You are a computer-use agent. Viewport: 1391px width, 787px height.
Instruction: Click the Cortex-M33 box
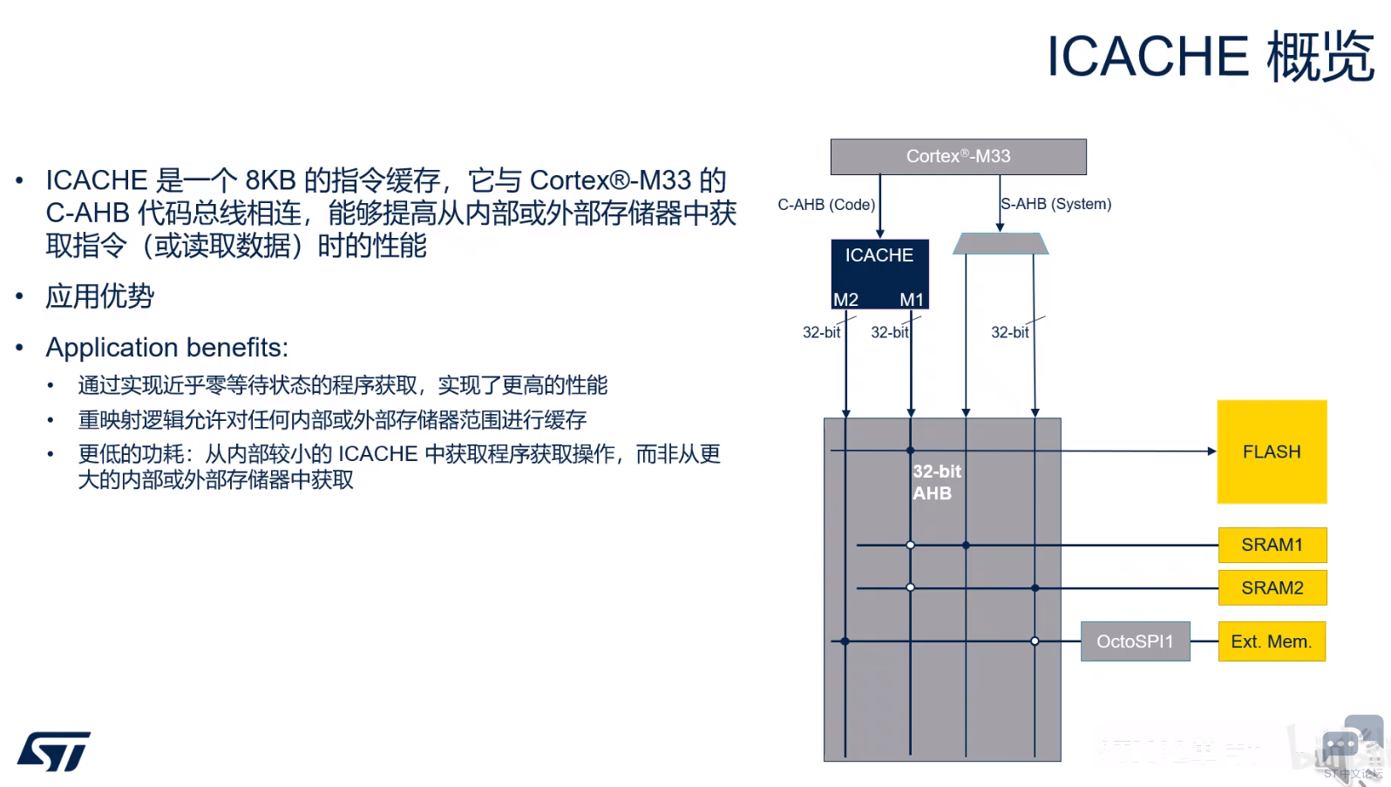click(x=958, y=157)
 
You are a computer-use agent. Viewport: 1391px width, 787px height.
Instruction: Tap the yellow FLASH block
click(x=1272, y=451)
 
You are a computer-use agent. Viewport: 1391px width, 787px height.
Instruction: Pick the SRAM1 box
click(x=1272, y=545)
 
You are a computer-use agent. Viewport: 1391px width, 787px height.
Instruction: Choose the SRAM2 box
click(x=1272, y=588)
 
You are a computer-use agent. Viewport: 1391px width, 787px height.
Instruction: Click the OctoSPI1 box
click(x=1135, y=641)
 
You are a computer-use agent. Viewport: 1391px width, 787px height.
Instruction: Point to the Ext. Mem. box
click(x=1271, y=641)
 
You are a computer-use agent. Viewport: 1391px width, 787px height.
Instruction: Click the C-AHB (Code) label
click(x=825, y=205)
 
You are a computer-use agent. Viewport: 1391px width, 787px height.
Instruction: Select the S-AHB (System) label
click(x=1056, y=204)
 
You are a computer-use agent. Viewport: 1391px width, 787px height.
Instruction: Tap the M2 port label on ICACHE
click(x=845, y=300)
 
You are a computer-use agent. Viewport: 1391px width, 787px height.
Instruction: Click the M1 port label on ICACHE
click(x=912, y=300)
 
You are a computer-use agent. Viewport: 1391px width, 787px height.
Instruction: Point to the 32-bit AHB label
click(x=936, y=482)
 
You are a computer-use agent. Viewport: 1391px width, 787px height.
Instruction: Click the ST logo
click(x=54, y=751)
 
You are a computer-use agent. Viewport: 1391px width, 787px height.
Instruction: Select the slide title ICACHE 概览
click(x=1210, y=57)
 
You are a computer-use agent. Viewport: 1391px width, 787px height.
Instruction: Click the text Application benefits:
click(x=166, y=348)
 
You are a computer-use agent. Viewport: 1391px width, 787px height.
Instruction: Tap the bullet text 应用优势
click(x=99, y=296)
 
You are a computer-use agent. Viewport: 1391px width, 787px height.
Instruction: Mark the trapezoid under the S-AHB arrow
click(x=1001, y=243)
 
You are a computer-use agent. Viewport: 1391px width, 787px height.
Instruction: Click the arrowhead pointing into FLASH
click(x=1211, y=451)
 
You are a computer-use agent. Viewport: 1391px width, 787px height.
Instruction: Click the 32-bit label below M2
click(x=821, y=332)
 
